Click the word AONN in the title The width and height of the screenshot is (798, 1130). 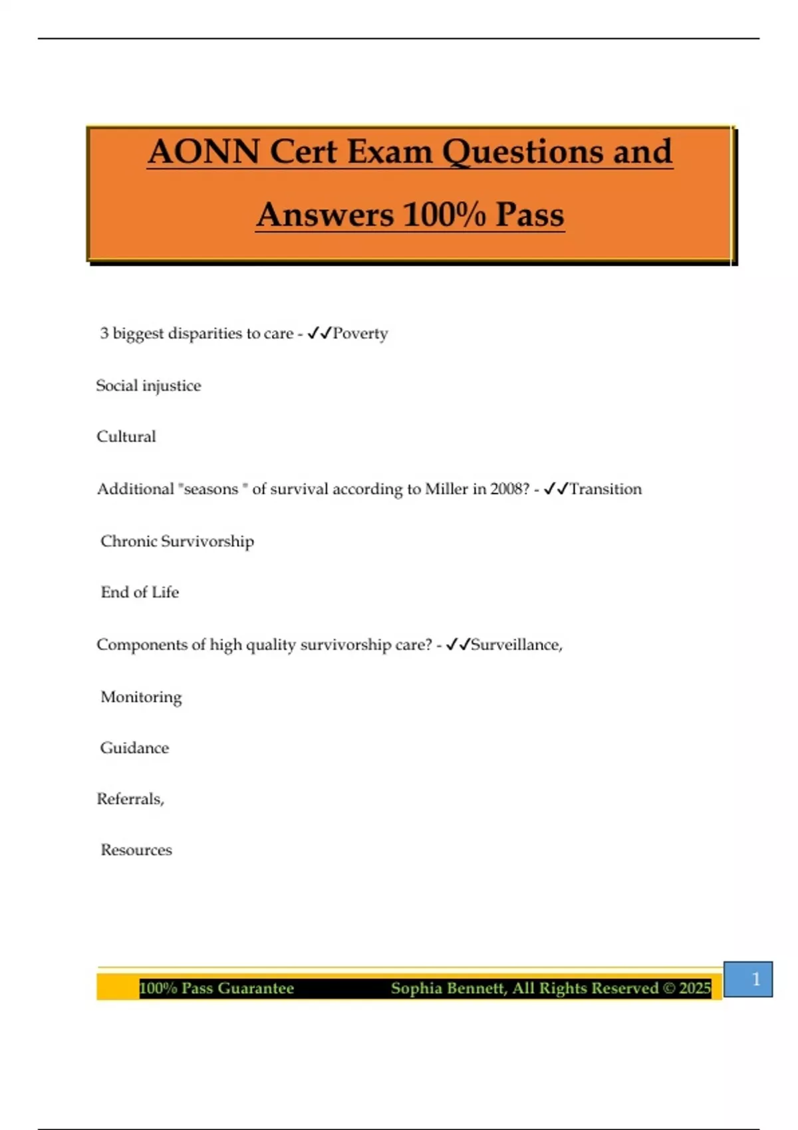(x=203, y=152)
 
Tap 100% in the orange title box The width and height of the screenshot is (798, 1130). (x=444, y=215)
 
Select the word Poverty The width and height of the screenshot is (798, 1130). (x=360, y=333)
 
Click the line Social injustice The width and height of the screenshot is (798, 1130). (x=148, y=386)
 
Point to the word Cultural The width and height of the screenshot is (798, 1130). (x=126, y=437)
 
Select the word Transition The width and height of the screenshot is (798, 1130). (x=605, y=489)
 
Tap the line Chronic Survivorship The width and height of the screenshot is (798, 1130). (x=177, y=541)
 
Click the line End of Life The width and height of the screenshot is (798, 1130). (x=140, y=592)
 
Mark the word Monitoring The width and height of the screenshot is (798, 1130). (x=141, y=697)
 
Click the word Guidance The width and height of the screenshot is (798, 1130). (x=134, y=748)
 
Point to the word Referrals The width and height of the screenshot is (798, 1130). (x=130, y=799)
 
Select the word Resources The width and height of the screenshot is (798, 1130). (x=136, y=850)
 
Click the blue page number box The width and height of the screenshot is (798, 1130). (x=748, y=979)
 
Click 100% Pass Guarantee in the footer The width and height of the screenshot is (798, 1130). (x=217, y=988)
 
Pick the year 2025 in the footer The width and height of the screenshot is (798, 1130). (x=695, y=988)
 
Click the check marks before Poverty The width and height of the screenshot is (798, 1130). (x=319, y=333)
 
